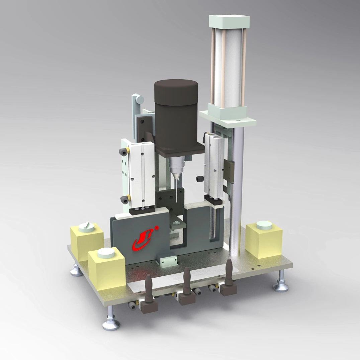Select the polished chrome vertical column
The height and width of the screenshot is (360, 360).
coord(237,187)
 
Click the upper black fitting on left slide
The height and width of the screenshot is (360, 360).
coord(123,152)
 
